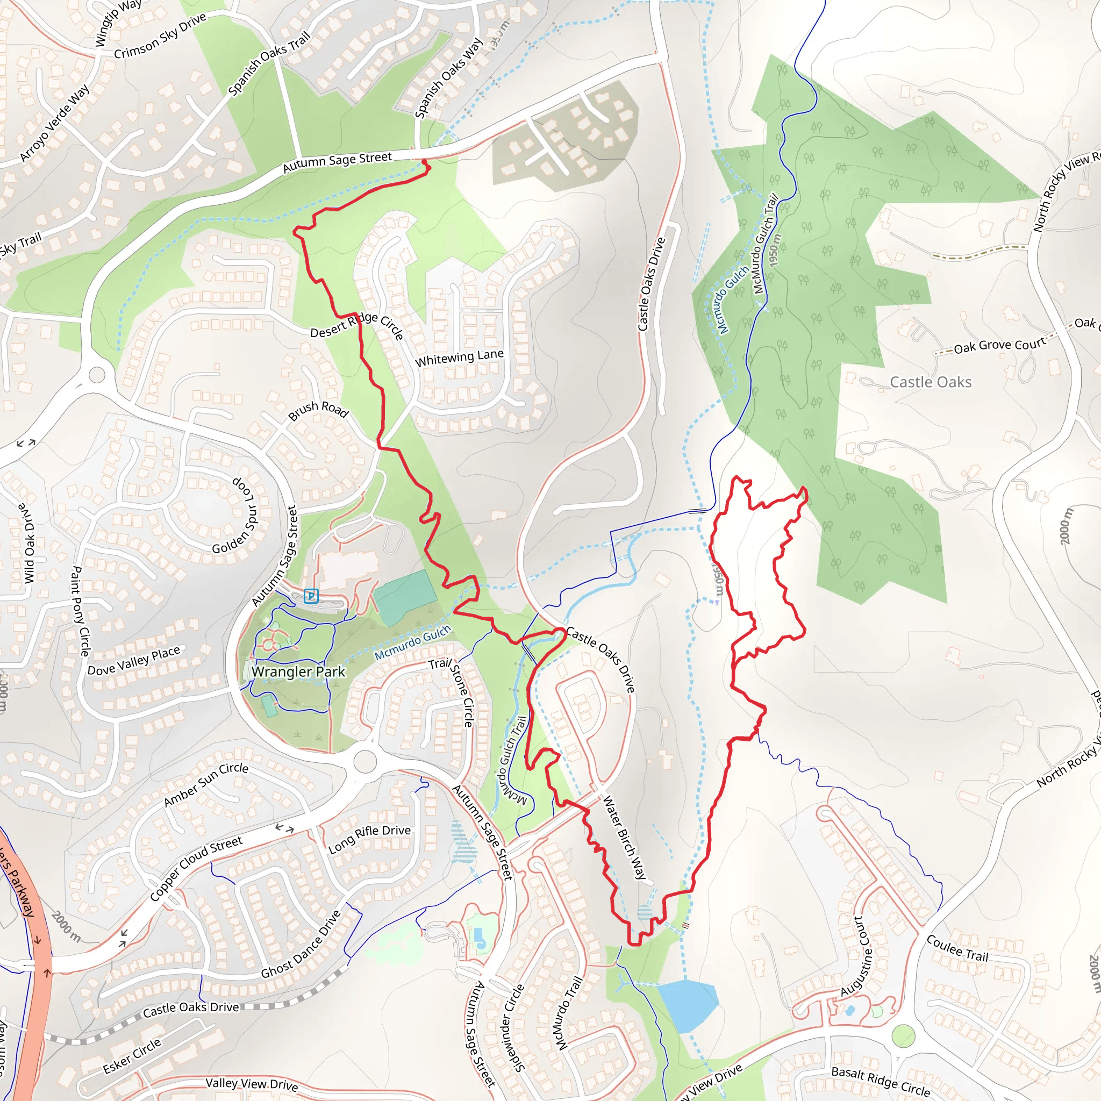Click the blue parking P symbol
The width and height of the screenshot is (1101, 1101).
click(311, 596)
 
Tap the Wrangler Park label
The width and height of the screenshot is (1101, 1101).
click(298, 672)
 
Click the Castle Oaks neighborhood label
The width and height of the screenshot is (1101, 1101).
click(931, 382)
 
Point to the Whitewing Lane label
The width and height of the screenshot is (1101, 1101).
click(459, 358)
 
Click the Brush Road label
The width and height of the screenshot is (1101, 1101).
click(318, 410)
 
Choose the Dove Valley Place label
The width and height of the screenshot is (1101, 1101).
click(133, 661)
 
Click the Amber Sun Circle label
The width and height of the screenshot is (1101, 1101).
click(206, 785)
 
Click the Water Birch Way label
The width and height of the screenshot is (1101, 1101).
click(625, 837)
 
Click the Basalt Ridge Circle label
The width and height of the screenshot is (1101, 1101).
click(881, 1081)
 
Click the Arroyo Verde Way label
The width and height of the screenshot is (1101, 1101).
click(54, 124)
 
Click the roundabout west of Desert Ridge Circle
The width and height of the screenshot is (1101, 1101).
click(97, 375)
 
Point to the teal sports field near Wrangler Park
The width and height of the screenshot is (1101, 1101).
click(405, 597)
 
